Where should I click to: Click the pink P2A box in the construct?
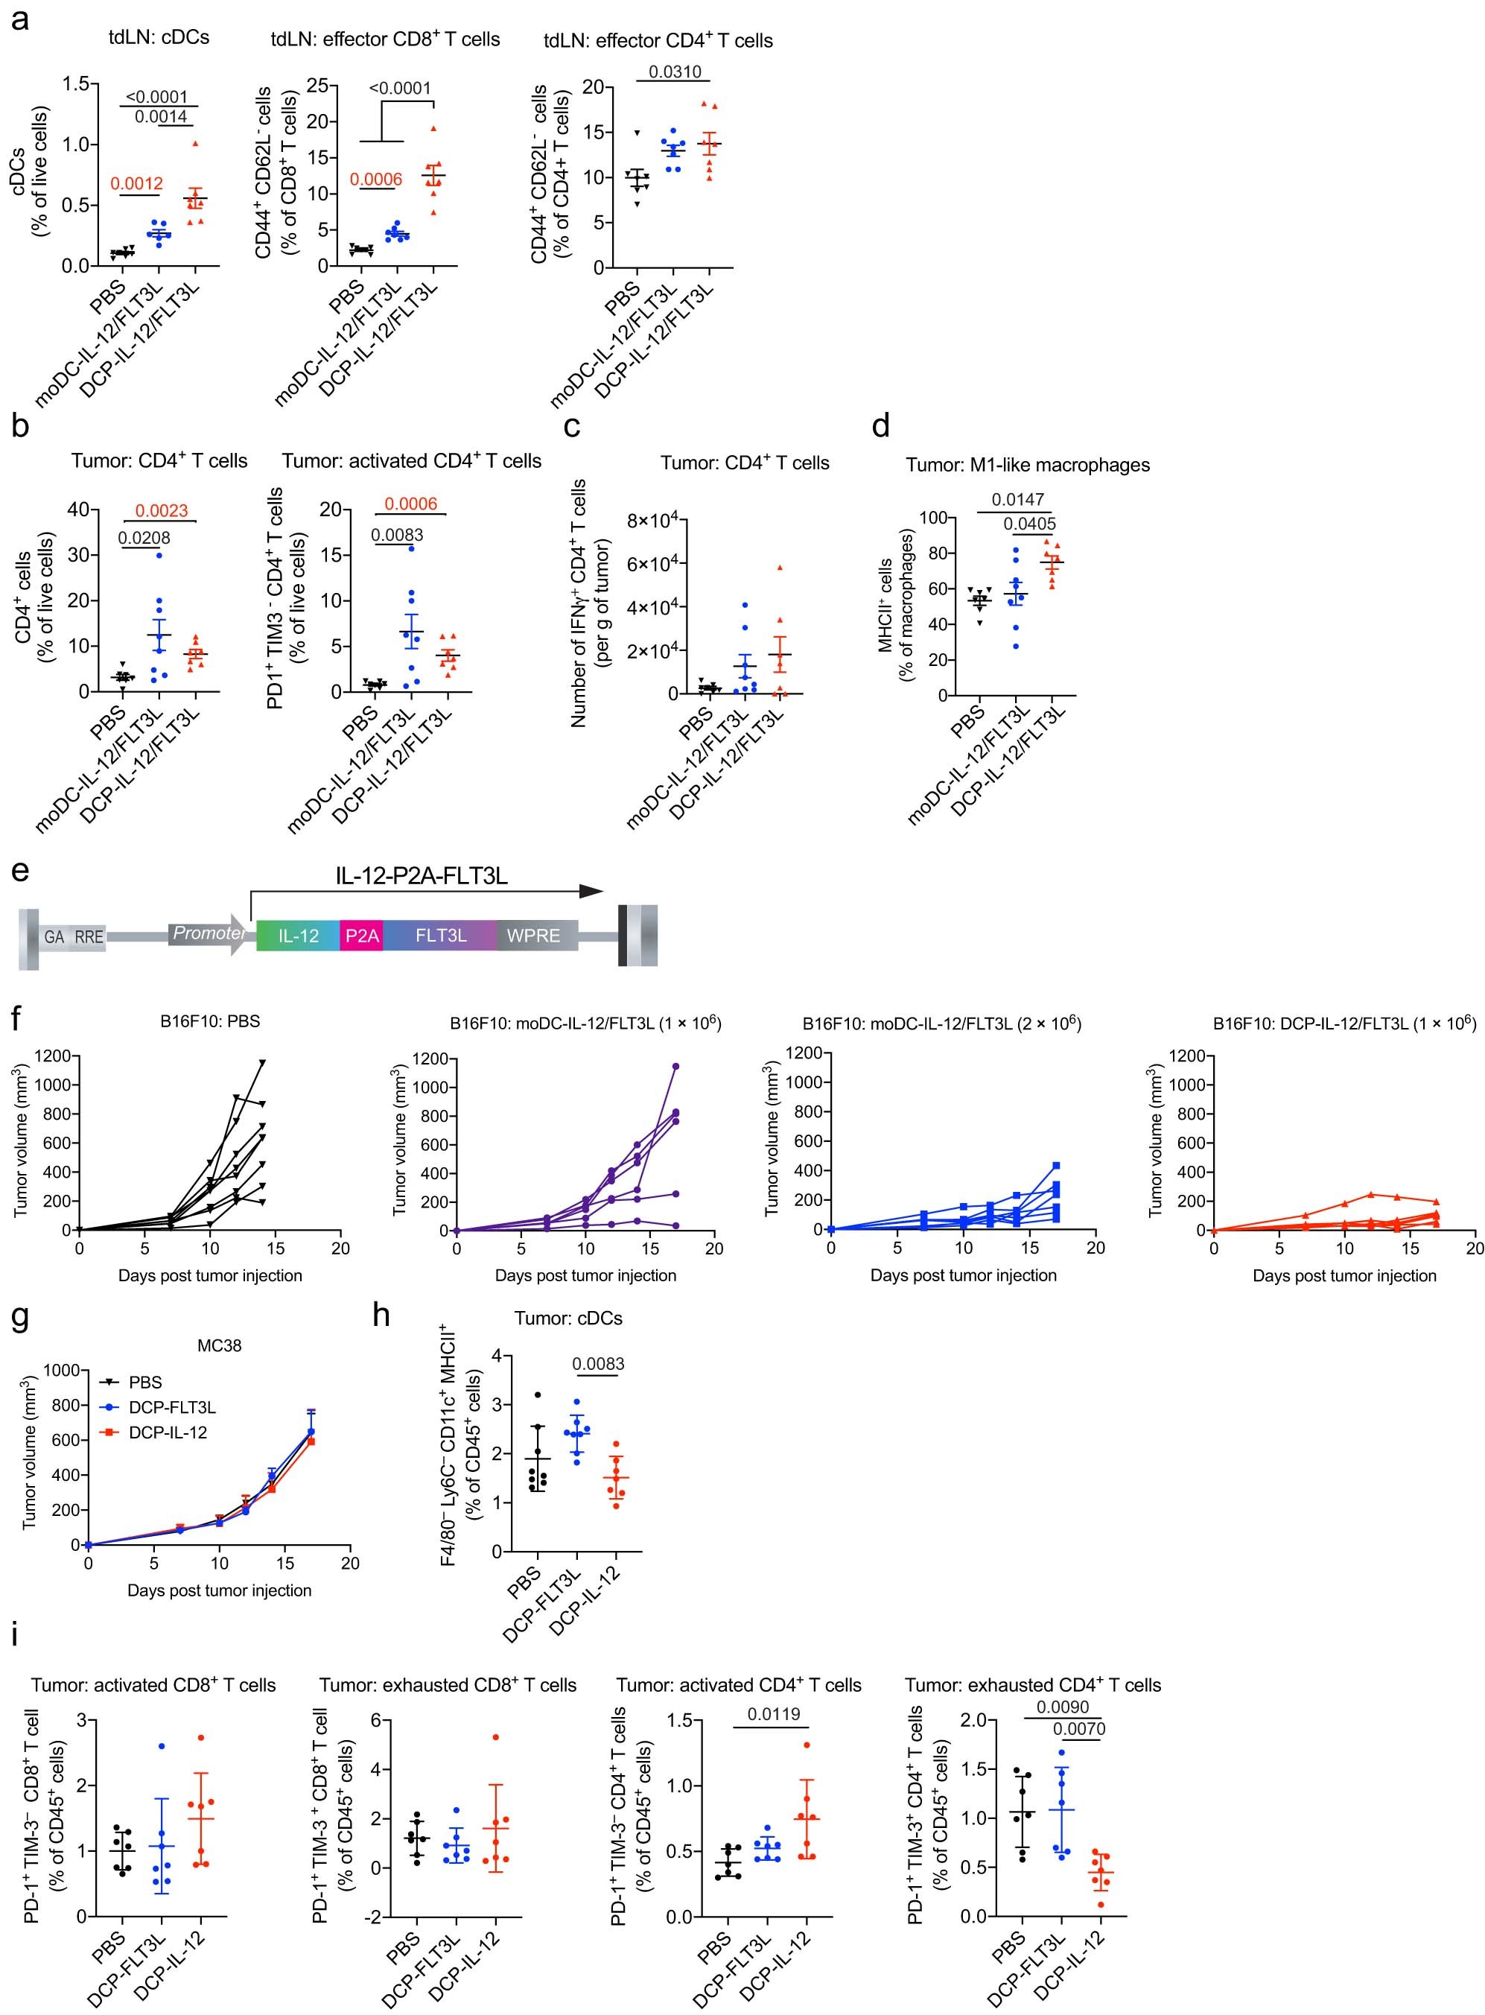[x=362, y=936]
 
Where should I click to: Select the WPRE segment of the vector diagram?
[x=533, y=936]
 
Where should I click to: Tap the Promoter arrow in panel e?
[x=209, y=934]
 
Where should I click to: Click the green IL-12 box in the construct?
[x=298, y=936]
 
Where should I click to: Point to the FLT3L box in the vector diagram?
[x=440, y=936]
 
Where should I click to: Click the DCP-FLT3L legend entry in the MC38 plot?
[x=172, y=1407]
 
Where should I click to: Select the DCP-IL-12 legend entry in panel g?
[x=168, y=1432]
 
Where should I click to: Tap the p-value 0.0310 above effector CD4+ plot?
[x=674, y=72]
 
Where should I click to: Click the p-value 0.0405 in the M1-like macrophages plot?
[x=1029, y=524]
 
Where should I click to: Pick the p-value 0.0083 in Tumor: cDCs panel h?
[x=598, y=1364]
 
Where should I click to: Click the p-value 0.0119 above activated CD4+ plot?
[x=773, y=1714]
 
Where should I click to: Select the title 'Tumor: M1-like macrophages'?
[x=1028, y=465]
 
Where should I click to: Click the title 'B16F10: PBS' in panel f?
[x=209, y=1021]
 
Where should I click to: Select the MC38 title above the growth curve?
[x=220, y=1346]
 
